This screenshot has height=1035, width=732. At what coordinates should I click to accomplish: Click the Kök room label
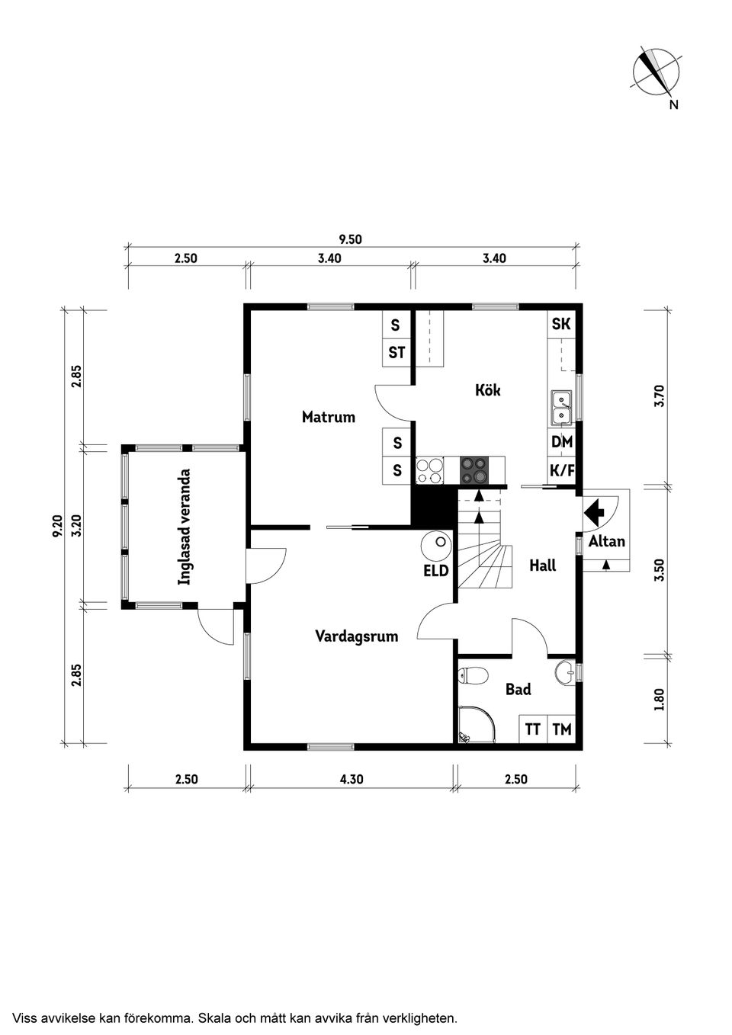click(487, 390)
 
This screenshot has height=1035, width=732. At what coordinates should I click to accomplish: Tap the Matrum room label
click(329, 417)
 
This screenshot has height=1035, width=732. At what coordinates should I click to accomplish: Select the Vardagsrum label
click(356, 637)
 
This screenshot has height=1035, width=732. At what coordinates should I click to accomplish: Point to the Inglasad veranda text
click(185, 527)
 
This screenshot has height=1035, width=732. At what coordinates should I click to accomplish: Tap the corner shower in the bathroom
click(476, 725)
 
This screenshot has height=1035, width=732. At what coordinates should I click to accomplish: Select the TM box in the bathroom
click(561, 729)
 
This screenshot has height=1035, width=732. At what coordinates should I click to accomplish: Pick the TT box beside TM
click(533, 729)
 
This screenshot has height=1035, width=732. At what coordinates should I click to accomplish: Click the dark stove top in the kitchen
click(474, 470)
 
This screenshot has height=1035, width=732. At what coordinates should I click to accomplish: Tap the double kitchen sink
click(561, 408)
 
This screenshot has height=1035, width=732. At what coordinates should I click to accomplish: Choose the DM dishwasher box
click(561, 442)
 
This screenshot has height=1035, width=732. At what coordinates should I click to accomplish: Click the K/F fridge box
click(561, 470)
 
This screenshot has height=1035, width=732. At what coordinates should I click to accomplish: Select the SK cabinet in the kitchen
click(561, 324)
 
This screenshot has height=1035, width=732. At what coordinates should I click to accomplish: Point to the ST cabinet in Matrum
click(396, 353)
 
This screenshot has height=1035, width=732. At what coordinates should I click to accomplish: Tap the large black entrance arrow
click(595, 511)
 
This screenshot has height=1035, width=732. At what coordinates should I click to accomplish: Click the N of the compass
click(674, 105)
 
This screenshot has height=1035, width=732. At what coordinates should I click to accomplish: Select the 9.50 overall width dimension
click(350, 239)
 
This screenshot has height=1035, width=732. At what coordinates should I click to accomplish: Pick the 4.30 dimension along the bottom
click(352, 780)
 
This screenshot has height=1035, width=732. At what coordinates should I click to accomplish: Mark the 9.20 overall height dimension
click(58, 527)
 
